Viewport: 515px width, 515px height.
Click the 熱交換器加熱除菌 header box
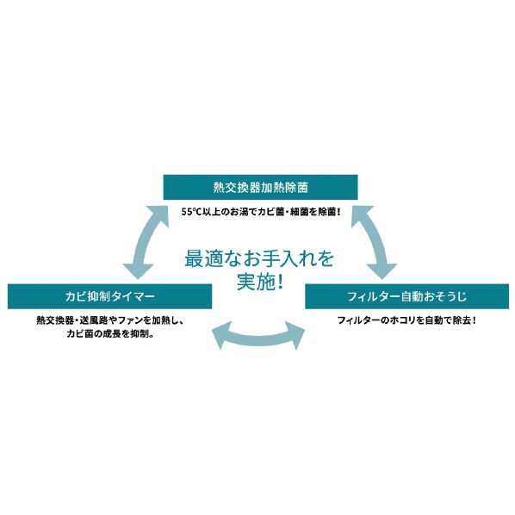coord(260,187)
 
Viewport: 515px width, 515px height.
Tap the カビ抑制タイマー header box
coord(109,296)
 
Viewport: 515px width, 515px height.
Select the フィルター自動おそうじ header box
coord(407,296)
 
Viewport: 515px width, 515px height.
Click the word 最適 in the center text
coord(203,258)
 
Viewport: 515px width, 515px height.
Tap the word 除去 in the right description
coord(462,320)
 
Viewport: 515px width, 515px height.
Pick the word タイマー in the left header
coord(133,296)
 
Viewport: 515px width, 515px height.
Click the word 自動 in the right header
coord(413,296)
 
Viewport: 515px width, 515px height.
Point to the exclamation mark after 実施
coord(280,282)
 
